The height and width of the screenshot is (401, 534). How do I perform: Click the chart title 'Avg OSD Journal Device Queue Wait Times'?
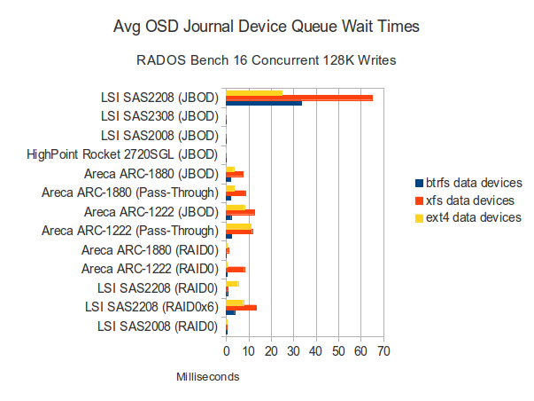pos(267,28)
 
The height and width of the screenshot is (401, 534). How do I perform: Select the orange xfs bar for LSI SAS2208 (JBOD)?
pos(299,98)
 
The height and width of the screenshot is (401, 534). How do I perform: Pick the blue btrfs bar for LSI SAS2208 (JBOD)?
pos(264,103)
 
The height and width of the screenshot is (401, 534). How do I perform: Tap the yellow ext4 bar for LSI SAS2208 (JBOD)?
pos(254,92)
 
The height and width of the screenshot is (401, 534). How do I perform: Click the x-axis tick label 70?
pos(383,352)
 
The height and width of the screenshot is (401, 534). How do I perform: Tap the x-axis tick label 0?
pos(227,352)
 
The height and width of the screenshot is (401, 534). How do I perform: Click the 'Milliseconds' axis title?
pos(207,377)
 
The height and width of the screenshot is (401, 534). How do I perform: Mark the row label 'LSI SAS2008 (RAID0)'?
pos(159,326)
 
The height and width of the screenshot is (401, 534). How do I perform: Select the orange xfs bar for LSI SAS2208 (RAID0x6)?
pos(242,307)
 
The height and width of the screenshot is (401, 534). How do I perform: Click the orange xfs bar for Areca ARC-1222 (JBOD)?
pos(241,212)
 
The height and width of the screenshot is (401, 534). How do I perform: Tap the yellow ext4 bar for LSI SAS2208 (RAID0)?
pos(233,284)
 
